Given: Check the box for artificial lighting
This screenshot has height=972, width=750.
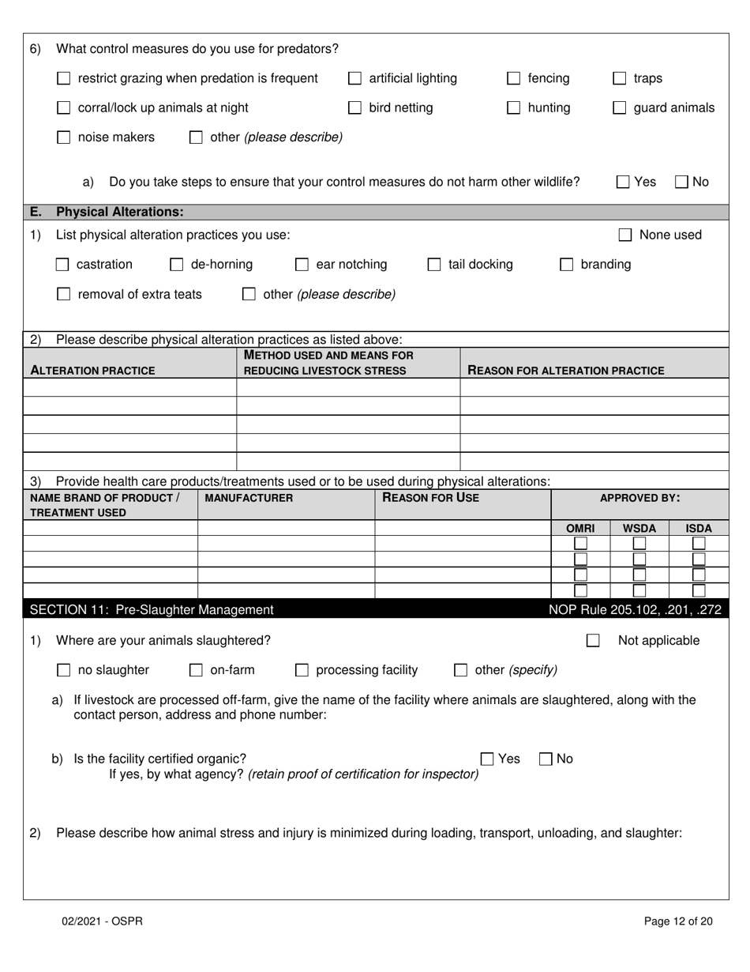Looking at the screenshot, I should pos(355,78).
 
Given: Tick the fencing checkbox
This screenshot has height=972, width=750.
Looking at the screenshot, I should pos(514,78).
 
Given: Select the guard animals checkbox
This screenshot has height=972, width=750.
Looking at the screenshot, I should pos(620,108).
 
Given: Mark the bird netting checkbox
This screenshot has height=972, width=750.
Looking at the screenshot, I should pos(355,108).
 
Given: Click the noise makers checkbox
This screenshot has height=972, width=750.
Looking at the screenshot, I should pos(64,138).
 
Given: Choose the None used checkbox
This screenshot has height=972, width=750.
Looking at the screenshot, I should pos(625,235).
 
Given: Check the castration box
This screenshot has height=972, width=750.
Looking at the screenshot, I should pos(62,265).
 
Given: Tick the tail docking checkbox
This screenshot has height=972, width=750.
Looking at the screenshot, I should pos(434,265).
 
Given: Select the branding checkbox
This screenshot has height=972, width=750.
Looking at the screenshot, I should pos(566,265).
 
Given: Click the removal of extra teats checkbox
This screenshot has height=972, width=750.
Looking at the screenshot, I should pos(64,295).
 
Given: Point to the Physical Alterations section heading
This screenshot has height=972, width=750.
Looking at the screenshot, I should pos(119,212).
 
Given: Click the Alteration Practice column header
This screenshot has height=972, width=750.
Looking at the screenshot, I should pos(92,371).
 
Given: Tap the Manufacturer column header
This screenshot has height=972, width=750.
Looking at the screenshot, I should pos(249,498).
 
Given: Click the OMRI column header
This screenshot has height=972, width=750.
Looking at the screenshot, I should pos(580,528).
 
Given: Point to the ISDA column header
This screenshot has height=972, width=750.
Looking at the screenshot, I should pos(699,528).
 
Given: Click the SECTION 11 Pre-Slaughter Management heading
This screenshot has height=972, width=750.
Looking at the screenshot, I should pos(152,609).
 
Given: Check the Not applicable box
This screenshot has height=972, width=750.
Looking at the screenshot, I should pos(593,641).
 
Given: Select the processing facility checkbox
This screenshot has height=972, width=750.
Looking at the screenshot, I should pos(302,670).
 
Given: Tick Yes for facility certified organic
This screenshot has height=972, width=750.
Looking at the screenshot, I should pos(488,759).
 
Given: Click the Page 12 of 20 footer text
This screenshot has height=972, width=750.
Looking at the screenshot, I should pos(678,921).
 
